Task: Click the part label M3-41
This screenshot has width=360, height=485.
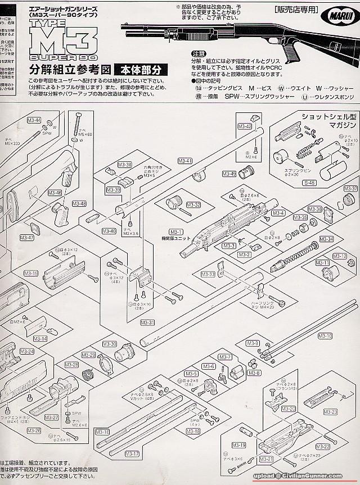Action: coord(185,161)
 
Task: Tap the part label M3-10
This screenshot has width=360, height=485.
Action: coord(325,336)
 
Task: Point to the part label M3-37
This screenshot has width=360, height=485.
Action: coord(350,188)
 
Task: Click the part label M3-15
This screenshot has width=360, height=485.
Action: coord(31,273)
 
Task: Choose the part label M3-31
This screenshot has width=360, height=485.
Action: coord(147,323)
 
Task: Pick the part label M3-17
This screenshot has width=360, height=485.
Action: coord(133,453)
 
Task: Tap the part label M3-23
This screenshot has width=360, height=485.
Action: coord(331,412)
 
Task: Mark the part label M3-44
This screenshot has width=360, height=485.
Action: coord(34,120)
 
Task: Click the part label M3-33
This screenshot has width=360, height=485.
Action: coord(208,274)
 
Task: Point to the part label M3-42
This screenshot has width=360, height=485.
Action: coord(245,126)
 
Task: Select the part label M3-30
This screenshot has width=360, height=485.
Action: coord(110,344)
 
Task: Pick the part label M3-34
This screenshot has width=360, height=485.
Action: coord(326,239)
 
